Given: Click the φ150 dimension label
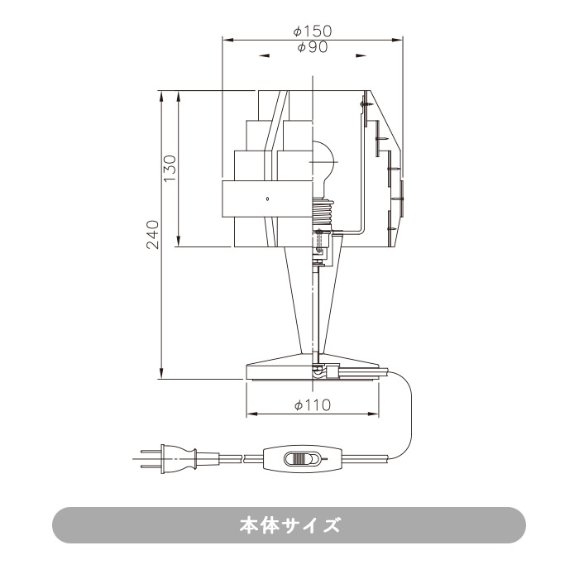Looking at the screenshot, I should [x=312, y=31].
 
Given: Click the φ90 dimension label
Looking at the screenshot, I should [x=312, y=48].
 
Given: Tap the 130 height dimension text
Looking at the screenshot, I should [x=170, y=169].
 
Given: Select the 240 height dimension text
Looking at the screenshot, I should [x=152, y=234].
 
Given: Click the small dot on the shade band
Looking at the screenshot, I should [x=267, y=200].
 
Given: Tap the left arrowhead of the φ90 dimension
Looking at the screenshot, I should [x=264, y=56].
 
